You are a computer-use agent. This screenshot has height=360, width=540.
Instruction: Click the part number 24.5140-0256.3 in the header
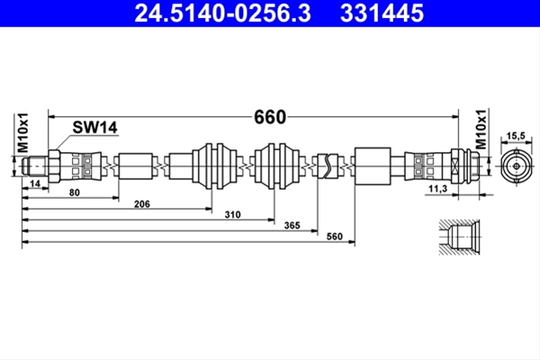click(x=223, y=13)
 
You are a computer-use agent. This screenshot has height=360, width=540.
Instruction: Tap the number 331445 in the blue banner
click(x=382, y=13)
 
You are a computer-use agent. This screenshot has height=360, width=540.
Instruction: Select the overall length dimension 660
click(x=270, y=117)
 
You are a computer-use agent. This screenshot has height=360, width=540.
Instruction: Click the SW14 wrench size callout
click(x=94, y=127)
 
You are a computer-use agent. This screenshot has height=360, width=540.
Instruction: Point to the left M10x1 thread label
click(x=22, y=132)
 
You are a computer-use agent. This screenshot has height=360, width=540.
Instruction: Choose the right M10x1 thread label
click(x=481, y=130)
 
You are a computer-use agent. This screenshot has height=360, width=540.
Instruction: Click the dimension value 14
click(x=35, y=184)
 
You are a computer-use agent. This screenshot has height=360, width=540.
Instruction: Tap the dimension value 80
click(x=75, y=193)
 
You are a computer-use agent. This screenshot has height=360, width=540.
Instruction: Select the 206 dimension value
click(x=142, y=204)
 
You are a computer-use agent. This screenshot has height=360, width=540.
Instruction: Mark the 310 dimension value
click(x=232, y=214)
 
